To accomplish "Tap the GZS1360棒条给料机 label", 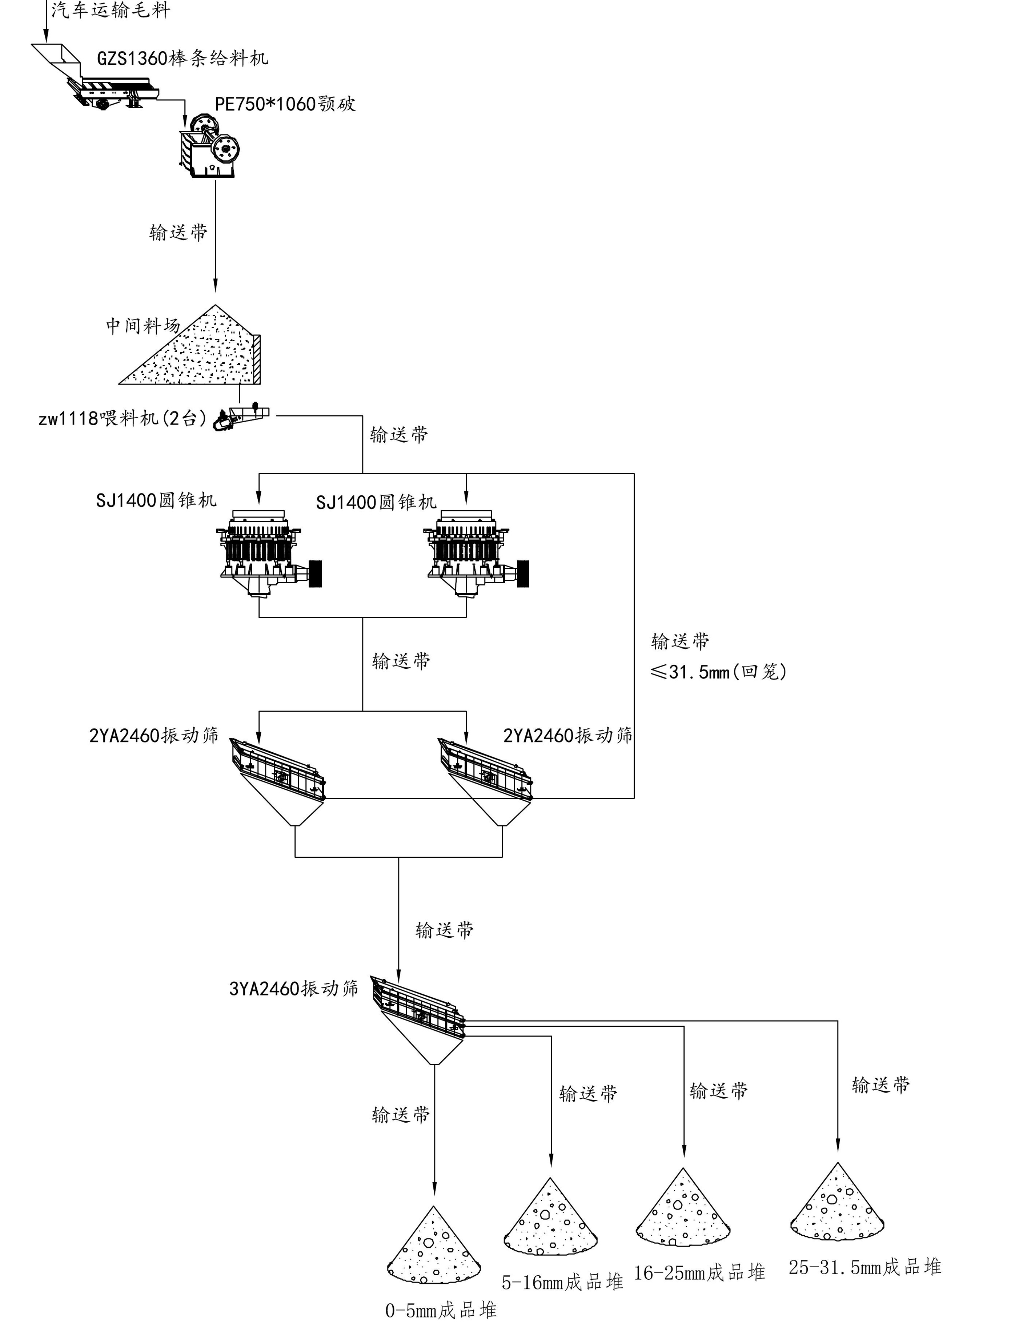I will (182, 59).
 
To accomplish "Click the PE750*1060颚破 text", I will (285, 104).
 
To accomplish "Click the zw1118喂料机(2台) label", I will (123, 418).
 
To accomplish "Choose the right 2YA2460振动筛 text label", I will (567, 735).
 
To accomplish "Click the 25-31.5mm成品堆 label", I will (865, 1267).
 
